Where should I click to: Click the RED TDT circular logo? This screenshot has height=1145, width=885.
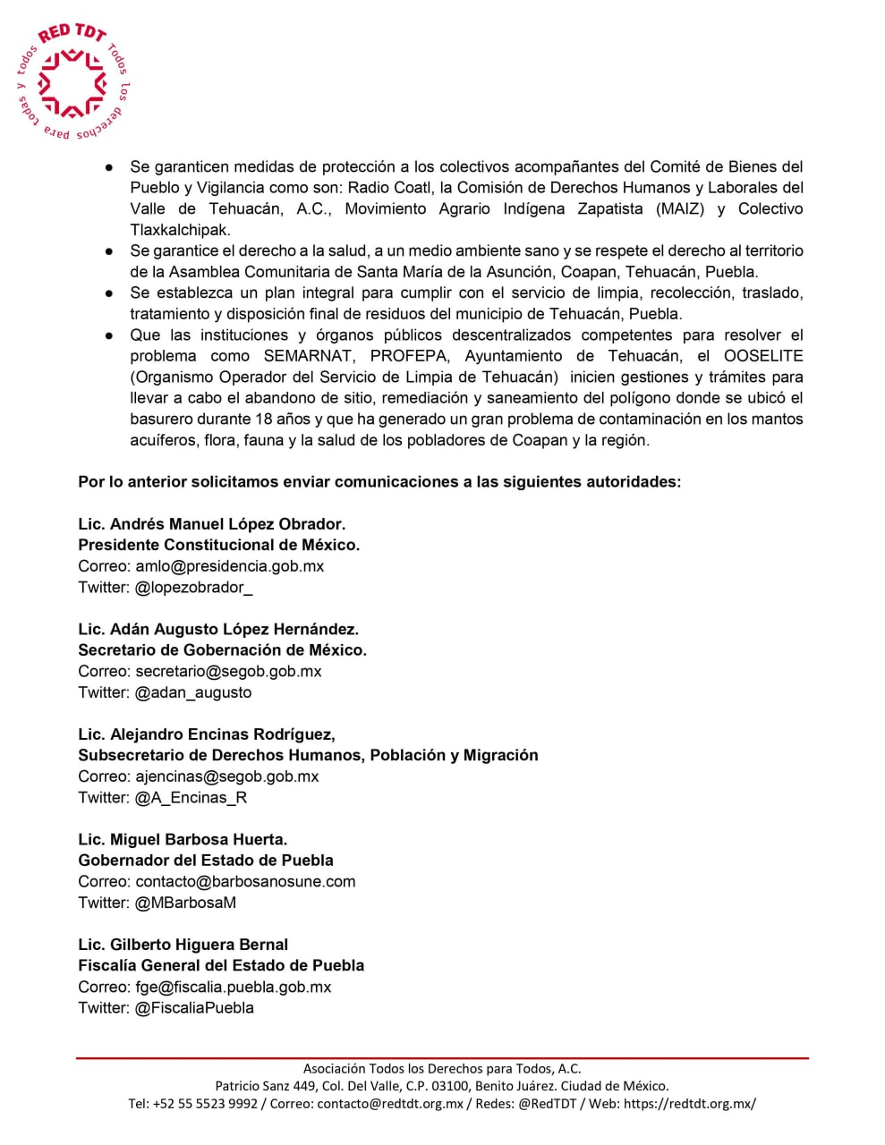click(x=72, y=83)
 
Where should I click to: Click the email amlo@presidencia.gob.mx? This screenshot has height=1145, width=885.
click(x=229, y=566)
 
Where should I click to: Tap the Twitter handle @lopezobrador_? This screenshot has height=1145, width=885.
click(x=193, y=588)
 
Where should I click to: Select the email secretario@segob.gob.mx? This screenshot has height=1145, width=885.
click(x=228, y=672)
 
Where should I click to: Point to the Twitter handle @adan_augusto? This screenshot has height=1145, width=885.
click(x=193, y=692)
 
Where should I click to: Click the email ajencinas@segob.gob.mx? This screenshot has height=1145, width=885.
click(x=226, y=776)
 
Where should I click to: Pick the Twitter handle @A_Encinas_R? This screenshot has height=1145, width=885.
click(x=191, y=798)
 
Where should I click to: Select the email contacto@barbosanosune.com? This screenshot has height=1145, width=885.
click(x=245, y=882)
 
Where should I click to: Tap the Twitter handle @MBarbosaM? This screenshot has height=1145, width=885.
click(x=185, y=903)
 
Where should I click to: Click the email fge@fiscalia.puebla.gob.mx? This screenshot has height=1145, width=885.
click(x=233, y=988)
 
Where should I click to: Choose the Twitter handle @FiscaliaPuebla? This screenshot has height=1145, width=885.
click(x=194, y=1008)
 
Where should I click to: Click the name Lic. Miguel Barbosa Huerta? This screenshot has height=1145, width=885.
click(x=183, y=840)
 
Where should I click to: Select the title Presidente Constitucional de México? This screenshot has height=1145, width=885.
click(x=218, y=545)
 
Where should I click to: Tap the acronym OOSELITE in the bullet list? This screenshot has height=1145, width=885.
click(x=763, y=356)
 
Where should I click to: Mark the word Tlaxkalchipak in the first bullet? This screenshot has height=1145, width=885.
click(x=180, y=230)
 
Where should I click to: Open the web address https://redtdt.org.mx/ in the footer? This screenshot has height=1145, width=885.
click(x=689, y=1104)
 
